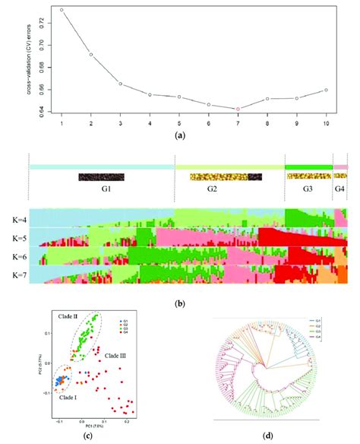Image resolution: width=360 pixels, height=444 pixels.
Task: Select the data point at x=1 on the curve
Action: point(62,10)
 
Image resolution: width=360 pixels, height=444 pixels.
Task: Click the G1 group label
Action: point(101,192)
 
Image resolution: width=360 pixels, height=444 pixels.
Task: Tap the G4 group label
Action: point(339,192)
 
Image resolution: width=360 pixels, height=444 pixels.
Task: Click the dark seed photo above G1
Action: point(101,177)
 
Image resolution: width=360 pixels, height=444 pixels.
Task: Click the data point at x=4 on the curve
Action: point(150,94)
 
